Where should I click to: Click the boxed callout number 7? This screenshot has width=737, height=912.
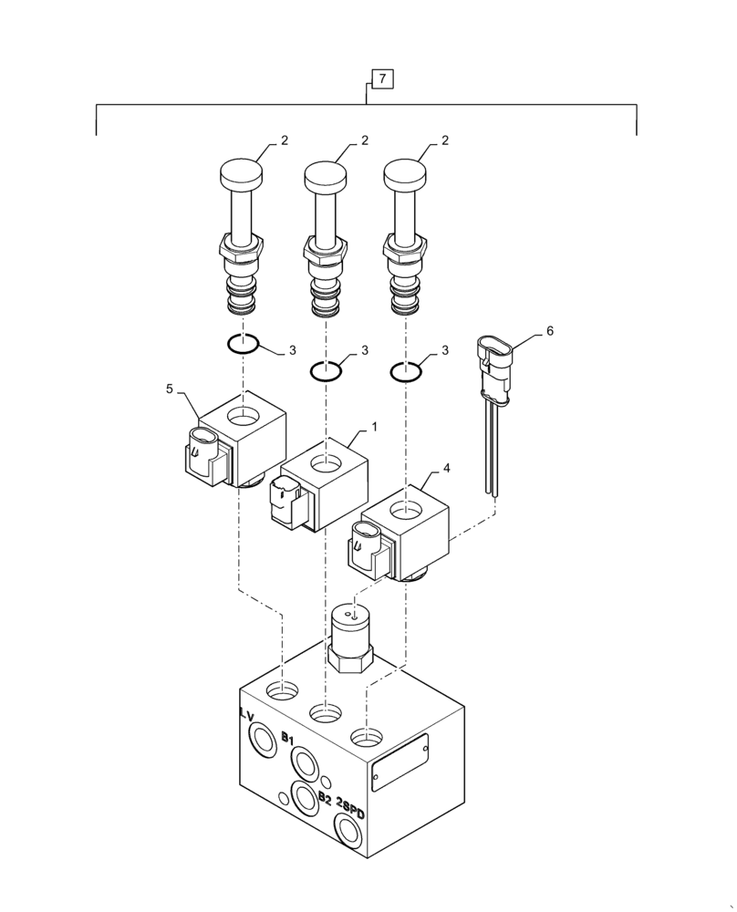click(381, 79)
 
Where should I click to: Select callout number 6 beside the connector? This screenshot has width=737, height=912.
click(550, 332)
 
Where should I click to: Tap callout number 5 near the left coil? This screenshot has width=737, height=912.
click(170, 389)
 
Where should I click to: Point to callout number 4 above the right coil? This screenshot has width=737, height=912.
click(446, 470)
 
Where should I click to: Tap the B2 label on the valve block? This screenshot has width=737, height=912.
click(325, 798)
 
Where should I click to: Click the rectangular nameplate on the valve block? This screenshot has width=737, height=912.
click(400, 764)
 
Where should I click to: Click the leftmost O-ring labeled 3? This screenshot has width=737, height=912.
click(243, 344)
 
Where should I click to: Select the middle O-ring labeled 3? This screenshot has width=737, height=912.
click(325, 371)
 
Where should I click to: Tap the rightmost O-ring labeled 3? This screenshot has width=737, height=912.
click(405, 371)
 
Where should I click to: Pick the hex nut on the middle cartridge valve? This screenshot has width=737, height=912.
click(324, 247)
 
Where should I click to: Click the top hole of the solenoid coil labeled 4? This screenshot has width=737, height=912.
click(404, 507)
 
